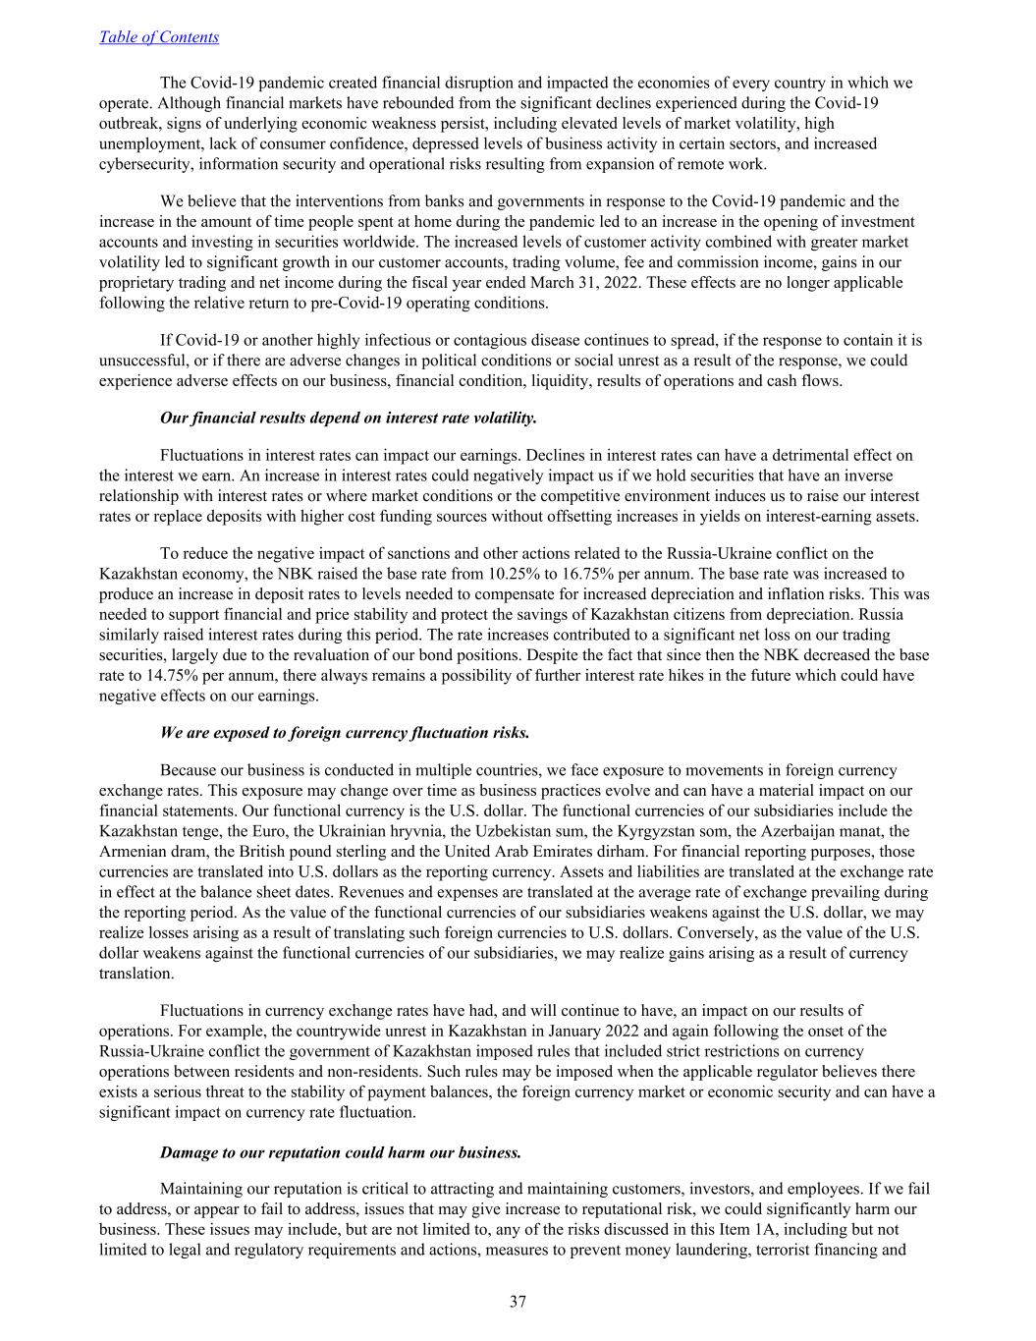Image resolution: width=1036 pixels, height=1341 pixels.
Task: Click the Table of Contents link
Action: [159, 37]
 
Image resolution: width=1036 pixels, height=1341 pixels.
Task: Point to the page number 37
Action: [518, 1303]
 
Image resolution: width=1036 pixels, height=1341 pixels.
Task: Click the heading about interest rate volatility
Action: [348, 418]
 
